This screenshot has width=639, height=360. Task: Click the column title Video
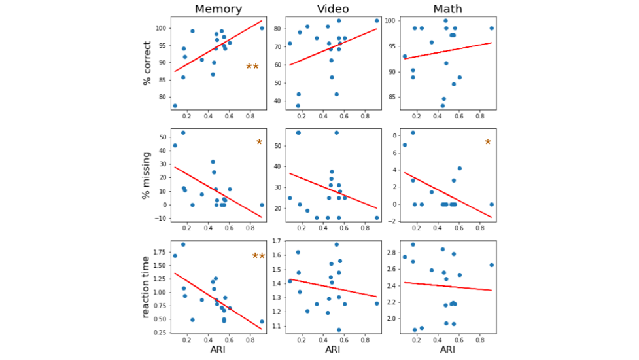[x=333, y=9]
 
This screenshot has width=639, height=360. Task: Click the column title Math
[x=447, y=9]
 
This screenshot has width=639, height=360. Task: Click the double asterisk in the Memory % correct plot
[x=252, y=67]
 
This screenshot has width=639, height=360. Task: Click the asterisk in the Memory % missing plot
[x=259, y=143]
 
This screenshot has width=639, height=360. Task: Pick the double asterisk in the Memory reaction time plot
[x=258, y=257]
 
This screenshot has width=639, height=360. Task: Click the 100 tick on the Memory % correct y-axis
[x=162, y=28]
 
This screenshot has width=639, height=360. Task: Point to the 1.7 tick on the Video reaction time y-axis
[x=278, y=242]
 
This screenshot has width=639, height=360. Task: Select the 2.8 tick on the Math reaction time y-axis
[x=393, y=252]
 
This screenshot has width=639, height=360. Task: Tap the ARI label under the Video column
[x=333, y=350]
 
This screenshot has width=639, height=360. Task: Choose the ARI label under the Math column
[x=447, y=350]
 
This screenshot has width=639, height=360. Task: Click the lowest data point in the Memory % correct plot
[x=175, y=105]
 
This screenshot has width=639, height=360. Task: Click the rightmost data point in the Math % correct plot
[x=491, y=28]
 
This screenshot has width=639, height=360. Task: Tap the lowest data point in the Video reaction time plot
[x=338, y=330]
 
